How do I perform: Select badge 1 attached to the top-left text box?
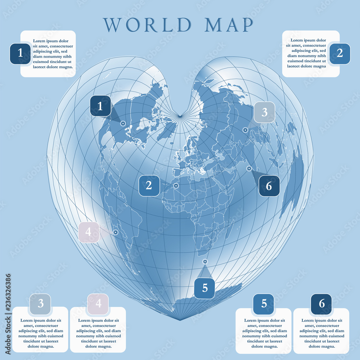pyautogui.click(x=20, y=54)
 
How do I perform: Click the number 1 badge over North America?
pyautogui.click(x=100, y=106)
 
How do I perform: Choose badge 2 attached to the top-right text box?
pyautogui.click(x=340, y=54)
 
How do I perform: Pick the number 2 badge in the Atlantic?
pyautogui.click(x=149, y=185)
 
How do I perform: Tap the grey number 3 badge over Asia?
pyautogui.click(x=264, y=112)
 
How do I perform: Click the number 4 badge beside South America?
pyautogui.click(x=89, y=232)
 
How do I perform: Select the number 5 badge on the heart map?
pyautogui.click(x=204, y=288)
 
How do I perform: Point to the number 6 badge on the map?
pyautogui.click(x=269, y=186)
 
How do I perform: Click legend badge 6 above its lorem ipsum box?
pyautogui.click(x=321, y=304)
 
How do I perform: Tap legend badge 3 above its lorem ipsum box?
pyautogui.click(x=40, y=304)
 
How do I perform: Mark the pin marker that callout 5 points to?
pyautogui.click(x=205, y=262)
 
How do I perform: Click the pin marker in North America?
pyautogui.click(x=123, y=123)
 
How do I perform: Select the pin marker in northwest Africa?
pyautogui.click(x=176, y=186)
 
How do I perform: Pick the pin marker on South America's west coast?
pyautogui.click(x=116, y=232)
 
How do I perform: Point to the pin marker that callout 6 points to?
pyautogui.click(x=249, y=168)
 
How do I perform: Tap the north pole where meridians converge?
pyautogui.click(x=179, y=116)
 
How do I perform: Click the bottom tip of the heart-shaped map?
pyautogui.click(x=180, y=320)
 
